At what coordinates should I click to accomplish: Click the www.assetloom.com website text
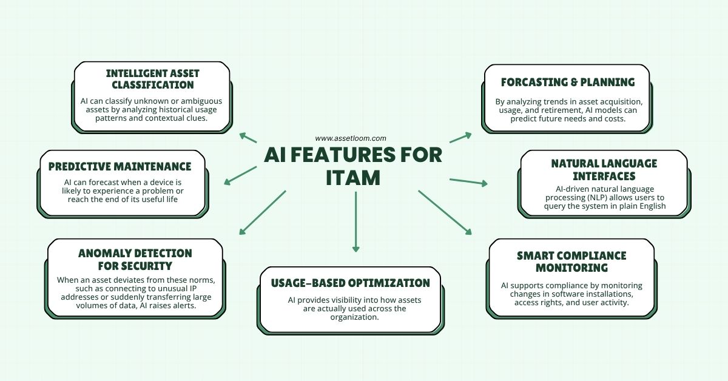click(351, 138)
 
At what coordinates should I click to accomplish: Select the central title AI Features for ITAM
click(352, 166)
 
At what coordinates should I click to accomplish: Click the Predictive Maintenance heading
click(120, 166)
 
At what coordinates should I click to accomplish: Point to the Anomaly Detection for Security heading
click(135, 259)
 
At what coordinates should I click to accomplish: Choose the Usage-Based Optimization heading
click(345, 283)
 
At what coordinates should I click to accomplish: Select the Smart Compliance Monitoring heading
click(571, 261)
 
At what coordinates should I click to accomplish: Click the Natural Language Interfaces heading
click(604, 169)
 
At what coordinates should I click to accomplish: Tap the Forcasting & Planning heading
click(568, 82)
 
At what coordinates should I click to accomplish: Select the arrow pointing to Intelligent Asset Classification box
click(248, 137)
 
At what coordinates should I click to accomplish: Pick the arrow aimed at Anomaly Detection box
click(262, 212)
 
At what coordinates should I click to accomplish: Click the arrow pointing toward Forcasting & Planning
click(460, 137)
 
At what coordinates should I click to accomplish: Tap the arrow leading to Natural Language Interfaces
click(468, 181)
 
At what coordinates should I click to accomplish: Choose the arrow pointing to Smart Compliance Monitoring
click(445, 212)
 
